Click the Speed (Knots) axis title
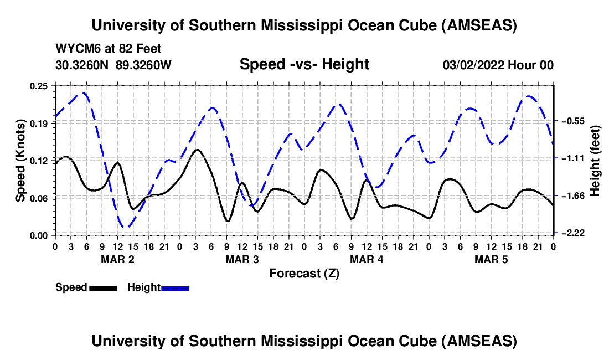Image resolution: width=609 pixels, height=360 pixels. [20, 160]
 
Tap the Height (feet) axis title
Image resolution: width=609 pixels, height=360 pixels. [596, 161]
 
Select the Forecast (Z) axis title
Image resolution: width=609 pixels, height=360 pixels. [304, 273]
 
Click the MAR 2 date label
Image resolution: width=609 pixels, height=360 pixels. [117, 259]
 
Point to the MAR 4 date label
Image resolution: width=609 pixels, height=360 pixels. [367, 259]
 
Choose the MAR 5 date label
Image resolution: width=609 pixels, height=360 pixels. [491, 259]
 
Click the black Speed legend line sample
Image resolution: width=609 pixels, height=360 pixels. [103, 287]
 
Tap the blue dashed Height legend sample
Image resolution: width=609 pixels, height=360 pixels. [175, 287]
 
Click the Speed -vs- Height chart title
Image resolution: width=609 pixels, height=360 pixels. [304, 64]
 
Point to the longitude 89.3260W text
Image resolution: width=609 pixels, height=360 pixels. [144, 65]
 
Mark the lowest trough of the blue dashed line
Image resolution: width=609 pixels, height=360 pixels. [126, 227]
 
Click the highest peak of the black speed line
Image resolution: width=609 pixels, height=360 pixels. [197, 150]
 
